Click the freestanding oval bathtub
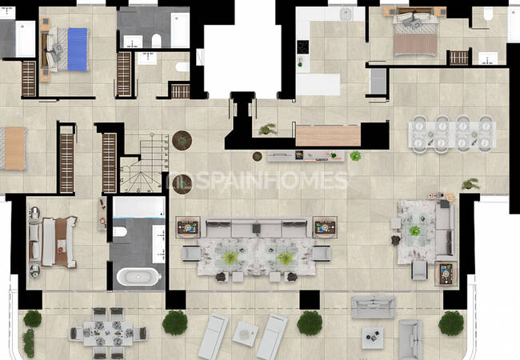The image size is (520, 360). click(x=138, y=277)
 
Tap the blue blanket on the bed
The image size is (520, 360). click(x=78, y=50)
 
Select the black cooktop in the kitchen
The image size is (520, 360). click(x=302, y=46)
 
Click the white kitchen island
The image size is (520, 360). click(x=318, y=84)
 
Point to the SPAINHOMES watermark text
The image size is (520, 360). click(x=257, y=181)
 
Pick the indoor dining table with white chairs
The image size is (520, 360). click(x=452, y=134)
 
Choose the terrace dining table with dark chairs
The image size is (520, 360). click(x=108, y=333)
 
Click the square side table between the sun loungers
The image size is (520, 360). click(x=246, y=334)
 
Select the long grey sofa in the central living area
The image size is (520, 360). click(x=256, y=228)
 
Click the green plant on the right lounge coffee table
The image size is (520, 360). click(x=414, y=230)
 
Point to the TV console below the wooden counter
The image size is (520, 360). click(x=306, y=156)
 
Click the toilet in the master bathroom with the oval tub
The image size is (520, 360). click(x=119, y=231)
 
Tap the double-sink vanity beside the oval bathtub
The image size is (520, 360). click(x=158, y=244)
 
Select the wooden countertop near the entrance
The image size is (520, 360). click(x=328, y=135)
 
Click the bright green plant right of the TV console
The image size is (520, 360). click(x=355, y=155)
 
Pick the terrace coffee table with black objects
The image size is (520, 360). click(x=373, y=338)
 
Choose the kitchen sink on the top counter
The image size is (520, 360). click(x=346, y=14)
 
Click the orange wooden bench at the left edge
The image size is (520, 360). click(x=14, y=149)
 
